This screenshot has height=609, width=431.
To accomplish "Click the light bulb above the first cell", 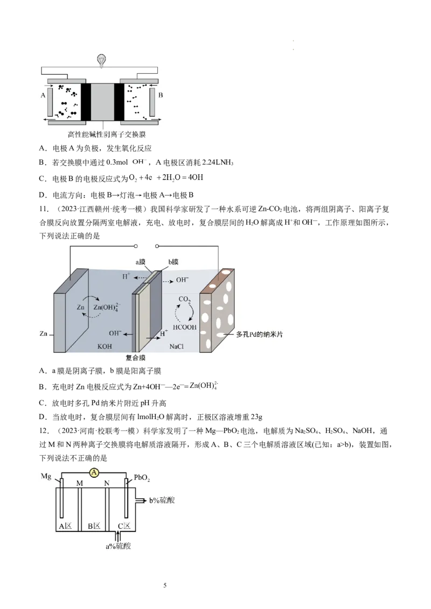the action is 101,61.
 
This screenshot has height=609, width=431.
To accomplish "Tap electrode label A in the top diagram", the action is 43,95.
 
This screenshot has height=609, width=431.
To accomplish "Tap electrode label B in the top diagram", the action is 160,95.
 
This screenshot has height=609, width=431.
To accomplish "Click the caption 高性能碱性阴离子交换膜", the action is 107,135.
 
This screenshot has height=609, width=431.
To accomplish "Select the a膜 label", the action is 140,262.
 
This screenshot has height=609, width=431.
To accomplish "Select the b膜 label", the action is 173,262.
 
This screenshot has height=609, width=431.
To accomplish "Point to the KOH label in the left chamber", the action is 105,346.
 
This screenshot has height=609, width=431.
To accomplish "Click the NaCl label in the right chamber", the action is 176,346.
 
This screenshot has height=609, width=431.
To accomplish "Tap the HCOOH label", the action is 184,327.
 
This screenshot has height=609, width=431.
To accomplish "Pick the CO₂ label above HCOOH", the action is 184,300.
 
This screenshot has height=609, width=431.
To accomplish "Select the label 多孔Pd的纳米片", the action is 260,334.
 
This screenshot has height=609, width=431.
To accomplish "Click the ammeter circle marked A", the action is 94,473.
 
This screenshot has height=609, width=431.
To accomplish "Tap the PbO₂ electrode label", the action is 142,478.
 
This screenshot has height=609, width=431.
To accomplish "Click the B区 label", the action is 94,526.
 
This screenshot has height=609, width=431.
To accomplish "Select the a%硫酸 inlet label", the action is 118,546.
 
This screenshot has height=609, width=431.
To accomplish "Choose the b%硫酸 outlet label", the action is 162,500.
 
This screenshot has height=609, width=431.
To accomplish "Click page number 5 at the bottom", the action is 165,585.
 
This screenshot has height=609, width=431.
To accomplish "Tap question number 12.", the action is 44,431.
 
